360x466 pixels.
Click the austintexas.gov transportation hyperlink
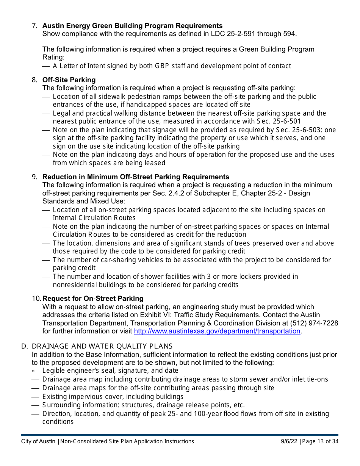click(x=217, y=331)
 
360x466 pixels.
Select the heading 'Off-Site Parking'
click(x=69, y=80)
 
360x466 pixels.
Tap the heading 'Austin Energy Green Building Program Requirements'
click(x=132, y=26)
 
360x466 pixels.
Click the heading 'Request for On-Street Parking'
click(x=93, y=299)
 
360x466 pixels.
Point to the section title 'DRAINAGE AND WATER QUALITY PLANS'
click(x=102, y=346)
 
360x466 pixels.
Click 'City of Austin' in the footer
click(x=38, y=441)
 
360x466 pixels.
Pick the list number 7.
click(x=34, y=26)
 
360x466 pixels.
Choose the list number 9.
click(x=34, y=177)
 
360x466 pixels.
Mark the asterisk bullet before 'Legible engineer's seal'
click(x=34, y=371)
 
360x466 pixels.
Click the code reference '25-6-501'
click(x=286, y=122)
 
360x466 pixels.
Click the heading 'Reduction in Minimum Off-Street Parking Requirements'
click(x=136, y=177)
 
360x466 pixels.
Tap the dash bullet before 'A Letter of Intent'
click(x=46, y=66)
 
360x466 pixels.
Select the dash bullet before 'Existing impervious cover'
click(x=35, y=397)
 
